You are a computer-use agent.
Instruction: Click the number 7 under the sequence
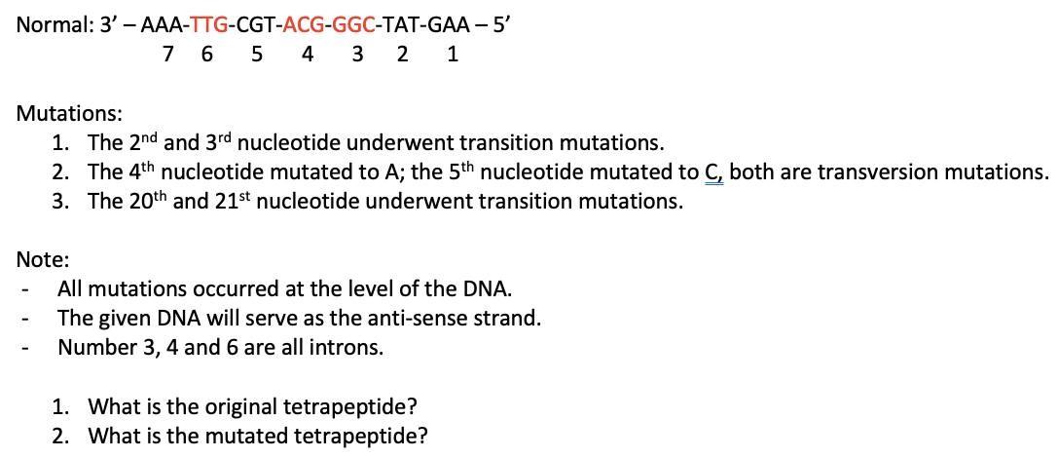[x=168, y=55]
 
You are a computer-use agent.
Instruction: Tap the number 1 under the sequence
[x=453, y=55]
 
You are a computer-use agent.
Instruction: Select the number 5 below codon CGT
[x=257, y=55]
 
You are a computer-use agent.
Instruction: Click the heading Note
[x=42, y=259]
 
